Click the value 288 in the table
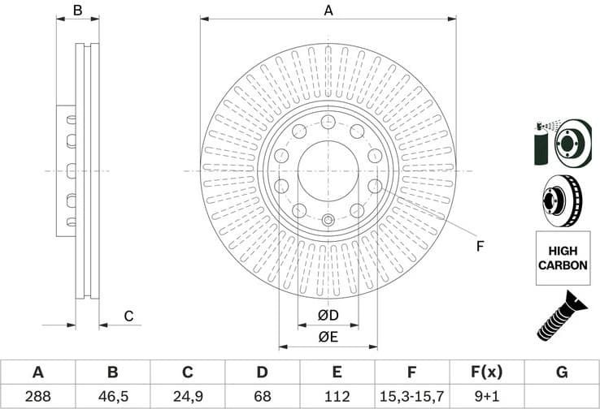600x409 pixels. coord(37,397)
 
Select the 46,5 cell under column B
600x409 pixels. coord(112,397)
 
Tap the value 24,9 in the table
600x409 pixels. coord(187,397)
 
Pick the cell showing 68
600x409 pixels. coord(262,397)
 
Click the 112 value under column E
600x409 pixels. coord(337,397)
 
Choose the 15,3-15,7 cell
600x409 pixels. coord(411,397)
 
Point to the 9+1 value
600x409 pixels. coord(486,397)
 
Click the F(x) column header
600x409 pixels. coord(486,372)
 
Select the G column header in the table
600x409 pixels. coord(562,372)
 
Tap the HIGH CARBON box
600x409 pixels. coord(563,258)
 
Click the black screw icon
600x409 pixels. coord(562,317)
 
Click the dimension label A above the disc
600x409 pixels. coord(328,11)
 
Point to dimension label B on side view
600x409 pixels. coord(78,11)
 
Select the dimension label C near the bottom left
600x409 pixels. coord(128,316)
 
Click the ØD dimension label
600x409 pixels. coord(328,315)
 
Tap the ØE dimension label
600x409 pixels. coord(328,337)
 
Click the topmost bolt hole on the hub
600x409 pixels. coord(328,122)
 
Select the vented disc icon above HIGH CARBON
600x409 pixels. coord(562,200)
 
